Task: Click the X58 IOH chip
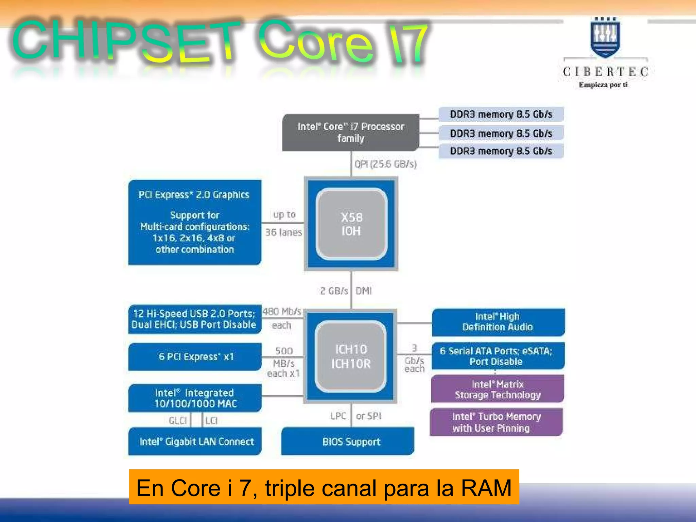(x=351, y=224)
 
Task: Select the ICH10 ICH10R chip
(x=351, y=356)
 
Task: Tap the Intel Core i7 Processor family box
(x=350, y=133)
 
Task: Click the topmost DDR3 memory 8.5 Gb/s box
(x=501, y=114)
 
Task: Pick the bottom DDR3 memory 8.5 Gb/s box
(x=501, y=151)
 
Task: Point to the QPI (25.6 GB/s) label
(x=385, y=164)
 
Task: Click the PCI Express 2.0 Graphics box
(x=195, y=222)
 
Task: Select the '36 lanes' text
(x=283, y=232)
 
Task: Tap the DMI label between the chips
(x=364, y=291)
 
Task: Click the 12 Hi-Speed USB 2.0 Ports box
(x=194, y=319)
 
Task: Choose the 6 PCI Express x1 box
(x=195, y=356)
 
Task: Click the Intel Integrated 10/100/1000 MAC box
(x=195, y=398)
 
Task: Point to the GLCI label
(x=178, y=421)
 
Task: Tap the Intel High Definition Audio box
(x=498, y=322)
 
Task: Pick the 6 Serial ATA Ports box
(x=498, y=356)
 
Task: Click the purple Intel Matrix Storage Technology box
(x=498, y=389)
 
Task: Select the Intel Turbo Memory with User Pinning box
(x=496, y=422)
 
